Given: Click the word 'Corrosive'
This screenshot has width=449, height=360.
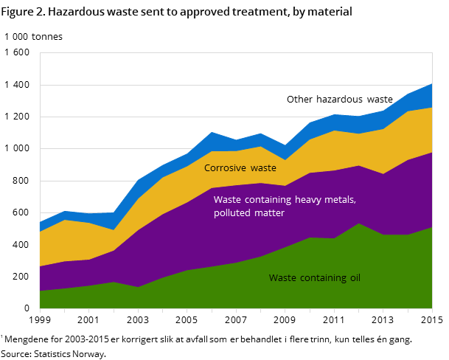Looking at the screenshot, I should coord(225,168).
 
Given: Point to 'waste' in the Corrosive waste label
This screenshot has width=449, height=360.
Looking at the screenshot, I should coord(263,168).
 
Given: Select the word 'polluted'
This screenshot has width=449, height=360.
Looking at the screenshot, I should coord(232,213).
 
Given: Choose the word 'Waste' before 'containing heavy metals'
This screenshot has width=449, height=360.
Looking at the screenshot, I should coord(227,200).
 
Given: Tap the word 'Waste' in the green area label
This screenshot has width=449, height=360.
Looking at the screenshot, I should coord(282,278).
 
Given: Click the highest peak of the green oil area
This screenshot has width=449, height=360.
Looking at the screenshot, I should coord(359,224).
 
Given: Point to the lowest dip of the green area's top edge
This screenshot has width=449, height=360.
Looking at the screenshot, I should coord(40,291).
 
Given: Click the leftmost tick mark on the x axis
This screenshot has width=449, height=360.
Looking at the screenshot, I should coord(40,311).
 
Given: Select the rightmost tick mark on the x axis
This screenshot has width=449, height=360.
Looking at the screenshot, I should coord(432,311).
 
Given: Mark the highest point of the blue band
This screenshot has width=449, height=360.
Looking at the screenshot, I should coord(432,84).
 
